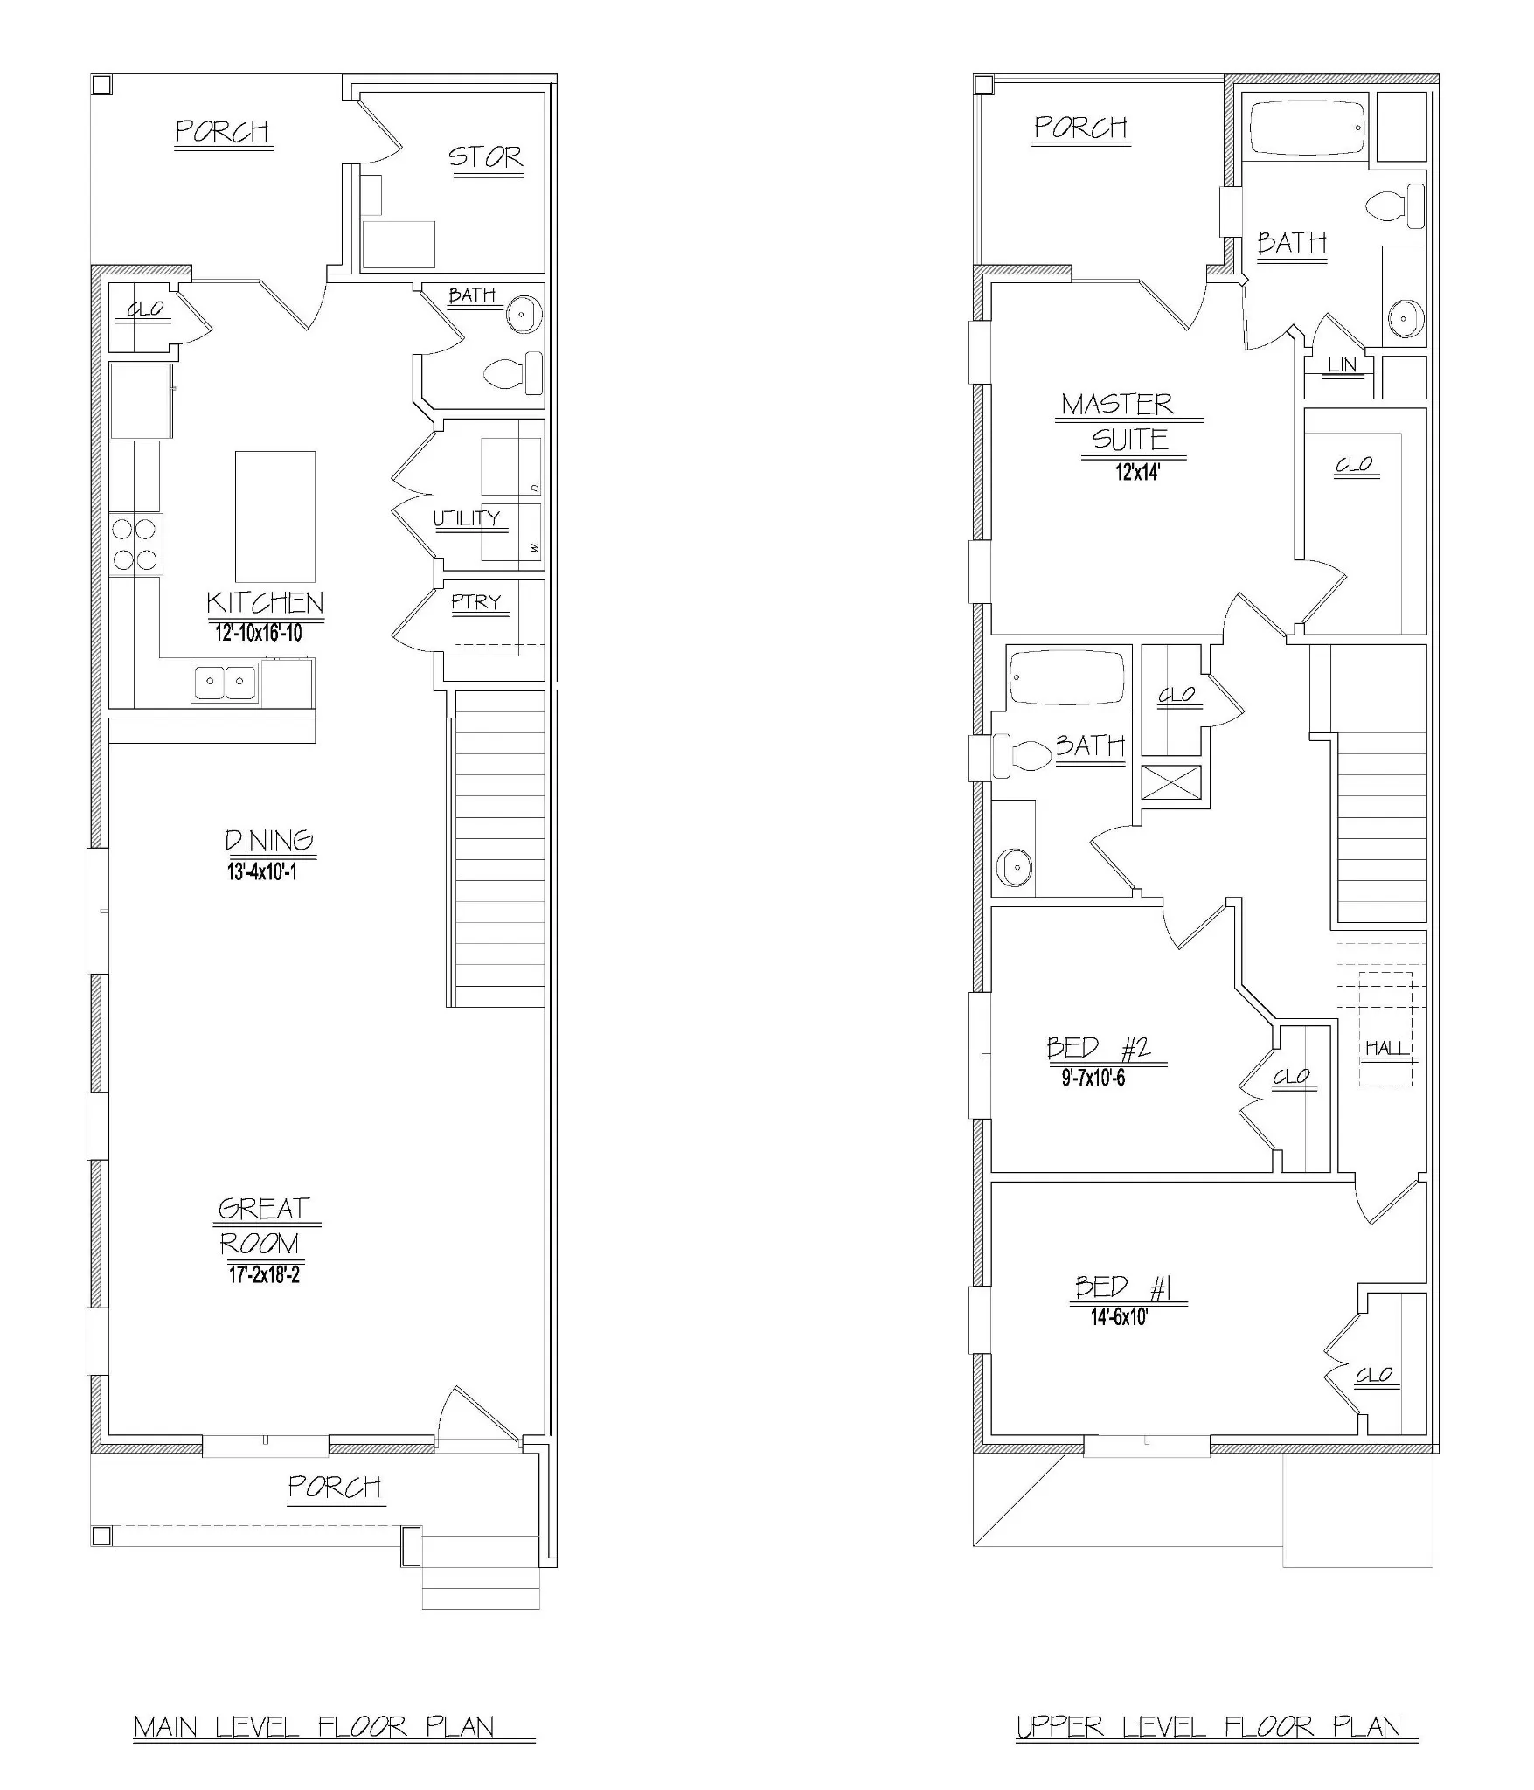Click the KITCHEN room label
pyautogui.click(x=265, y=603)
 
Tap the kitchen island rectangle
pyautogui.click(x=275, y=516)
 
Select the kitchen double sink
pyautogui.click(x=226, y=683)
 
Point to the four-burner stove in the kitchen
pyautogui.click(x=136, y=544)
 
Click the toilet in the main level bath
pyautogui.click(x=513, y=374)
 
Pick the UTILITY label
pyautogui.click(x=467, y=518)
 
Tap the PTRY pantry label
pyautogui.click(x=476, y=602)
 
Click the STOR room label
pyautogui.click(x=486, y=157)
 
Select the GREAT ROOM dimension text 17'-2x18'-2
pyautogui.click(x=265, y=1275)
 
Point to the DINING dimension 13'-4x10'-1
pyautogui.click(x=262, y=872)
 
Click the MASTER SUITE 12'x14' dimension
pyautogui.click(x=1137, y=473)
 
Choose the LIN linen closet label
pyautogui.click(x=1343, y=365)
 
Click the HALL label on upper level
pyautogui.click(x=1388, y=1048)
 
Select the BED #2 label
pyautogui.click(x=1099, y=1048)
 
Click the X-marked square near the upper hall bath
pyautogui.click(x=1172, y=781)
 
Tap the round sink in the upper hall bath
pyautogui.click(x=1014, y=867)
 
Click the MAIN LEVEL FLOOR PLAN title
pyautogui.click(x=315, y=1727)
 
